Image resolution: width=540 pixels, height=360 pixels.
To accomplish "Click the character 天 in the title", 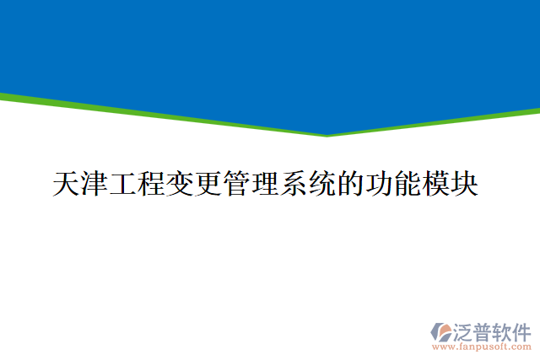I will coord(67,184).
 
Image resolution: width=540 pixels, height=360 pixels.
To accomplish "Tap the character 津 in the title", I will coord(95,184).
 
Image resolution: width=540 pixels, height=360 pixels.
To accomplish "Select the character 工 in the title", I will coord(124,184).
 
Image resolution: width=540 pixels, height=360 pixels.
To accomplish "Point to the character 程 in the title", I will coord(153,184).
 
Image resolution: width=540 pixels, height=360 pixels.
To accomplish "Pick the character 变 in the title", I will coord(181,184).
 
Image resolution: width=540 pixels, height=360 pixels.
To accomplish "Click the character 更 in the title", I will coord(209,184).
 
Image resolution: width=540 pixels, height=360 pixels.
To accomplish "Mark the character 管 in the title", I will coord(237,184).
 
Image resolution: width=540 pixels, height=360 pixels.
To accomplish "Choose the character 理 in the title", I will coord(266,184).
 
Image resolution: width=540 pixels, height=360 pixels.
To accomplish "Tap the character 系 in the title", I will coord(294,184).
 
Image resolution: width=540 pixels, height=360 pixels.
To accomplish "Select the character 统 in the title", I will coord(322,184).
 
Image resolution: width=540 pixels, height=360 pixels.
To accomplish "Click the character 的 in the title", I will coord(351,184).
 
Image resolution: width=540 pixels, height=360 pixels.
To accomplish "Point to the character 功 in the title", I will coord(379,184).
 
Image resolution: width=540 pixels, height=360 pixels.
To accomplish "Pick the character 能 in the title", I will coord(408,184).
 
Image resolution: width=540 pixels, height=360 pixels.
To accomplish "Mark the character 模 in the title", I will coord(436,184).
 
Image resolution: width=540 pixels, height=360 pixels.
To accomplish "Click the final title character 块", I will coord(465,184).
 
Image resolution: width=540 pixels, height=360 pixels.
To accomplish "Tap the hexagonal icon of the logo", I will coord(441,330).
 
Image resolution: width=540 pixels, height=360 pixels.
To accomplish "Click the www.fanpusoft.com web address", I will coord(481,347).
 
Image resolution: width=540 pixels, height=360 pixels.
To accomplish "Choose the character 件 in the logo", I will coord(523,330).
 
